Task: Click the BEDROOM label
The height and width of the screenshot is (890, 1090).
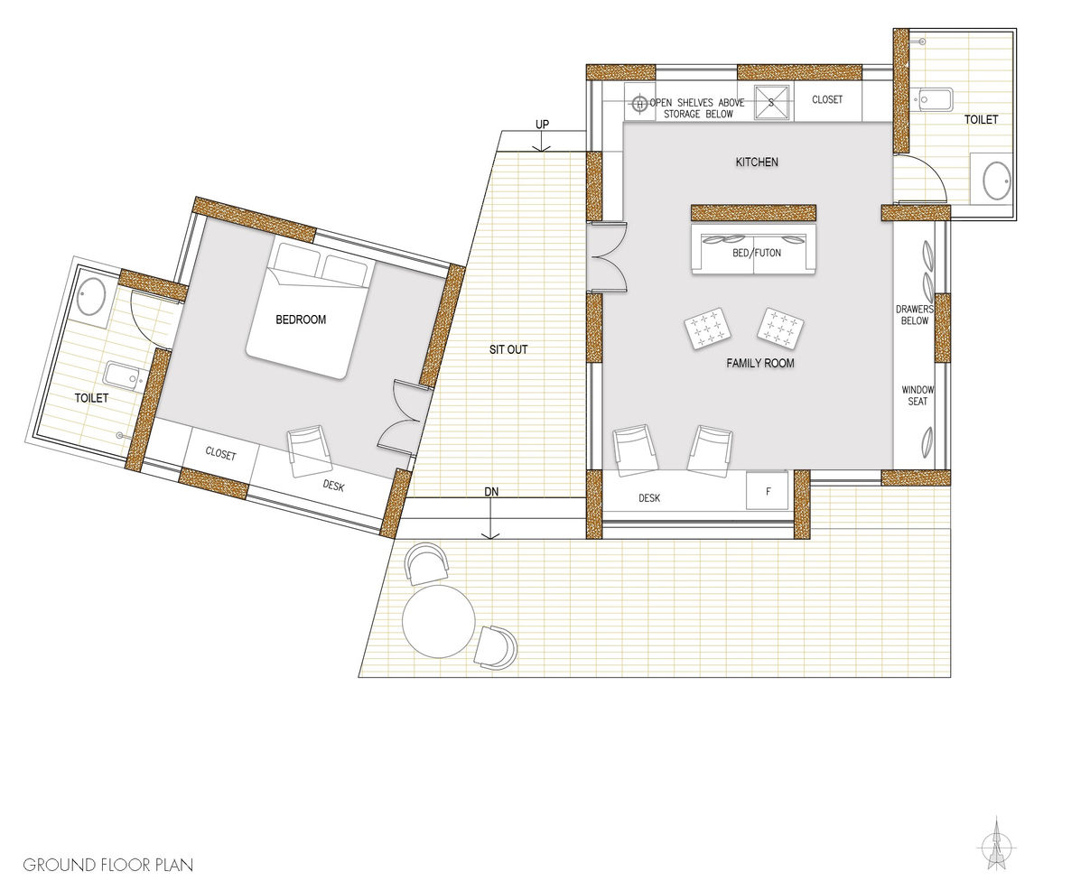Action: [301, 320]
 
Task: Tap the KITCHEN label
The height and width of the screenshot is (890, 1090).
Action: [757, 162]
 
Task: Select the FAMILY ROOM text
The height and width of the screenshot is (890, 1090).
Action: [760, 363]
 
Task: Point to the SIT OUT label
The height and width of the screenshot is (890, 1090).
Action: [508, 349]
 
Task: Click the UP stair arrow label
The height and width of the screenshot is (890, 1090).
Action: [542, 125]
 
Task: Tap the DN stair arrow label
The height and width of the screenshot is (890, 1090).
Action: [491, 492]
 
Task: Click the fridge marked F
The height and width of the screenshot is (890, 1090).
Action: [768, 491]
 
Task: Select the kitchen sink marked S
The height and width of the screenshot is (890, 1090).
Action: [772, 103]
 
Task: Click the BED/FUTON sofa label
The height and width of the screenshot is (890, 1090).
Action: [757, 253]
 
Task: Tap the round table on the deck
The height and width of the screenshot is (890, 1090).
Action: [439, 621]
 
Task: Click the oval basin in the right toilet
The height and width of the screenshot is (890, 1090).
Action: [997, 181]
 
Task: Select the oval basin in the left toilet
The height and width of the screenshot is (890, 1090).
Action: [91, 297]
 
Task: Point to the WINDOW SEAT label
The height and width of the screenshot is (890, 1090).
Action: [918, 395]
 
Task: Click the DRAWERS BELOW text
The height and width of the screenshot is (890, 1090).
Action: [915, 315]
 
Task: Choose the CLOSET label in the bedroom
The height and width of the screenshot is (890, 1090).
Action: [220, 453]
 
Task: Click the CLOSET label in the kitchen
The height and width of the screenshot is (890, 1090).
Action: [827, 99]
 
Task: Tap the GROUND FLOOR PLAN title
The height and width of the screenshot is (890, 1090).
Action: [108, 865]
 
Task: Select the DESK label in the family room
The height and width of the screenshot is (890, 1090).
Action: [649, 498]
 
